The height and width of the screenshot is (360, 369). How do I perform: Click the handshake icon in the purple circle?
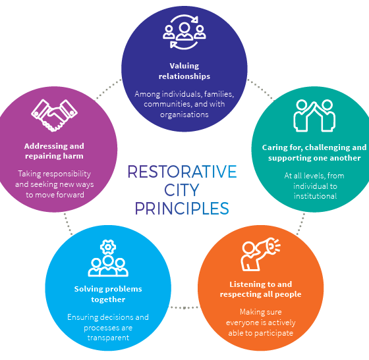(x=54, y=115)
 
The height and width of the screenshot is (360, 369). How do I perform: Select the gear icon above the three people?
(x=108, y=247)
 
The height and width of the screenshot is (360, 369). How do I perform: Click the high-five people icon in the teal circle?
(x=314, y=115)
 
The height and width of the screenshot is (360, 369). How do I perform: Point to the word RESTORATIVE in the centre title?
(x=182, y=172)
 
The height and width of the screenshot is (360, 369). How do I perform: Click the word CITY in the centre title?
(x=182, y=190)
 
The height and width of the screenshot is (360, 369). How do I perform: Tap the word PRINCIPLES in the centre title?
(x=182, y=208)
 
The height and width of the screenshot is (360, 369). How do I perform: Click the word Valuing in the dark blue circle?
(x=184, y=66)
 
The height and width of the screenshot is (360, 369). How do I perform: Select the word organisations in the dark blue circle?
(x=184, y=115)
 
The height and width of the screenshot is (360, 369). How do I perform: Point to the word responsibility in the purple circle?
(x=67, y=174)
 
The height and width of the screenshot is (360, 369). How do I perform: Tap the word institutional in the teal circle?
(x=316, y=196)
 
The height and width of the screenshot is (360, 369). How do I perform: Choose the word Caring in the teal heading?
(x=275, y=147)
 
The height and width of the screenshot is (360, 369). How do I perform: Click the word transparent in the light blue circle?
(x=108, y=338)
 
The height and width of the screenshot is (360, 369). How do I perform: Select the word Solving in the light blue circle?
(x=86, y=289)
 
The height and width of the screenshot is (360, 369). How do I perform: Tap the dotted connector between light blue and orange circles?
(x=184, y=307)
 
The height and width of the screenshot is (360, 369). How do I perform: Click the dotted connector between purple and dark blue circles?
(x=109, y=89)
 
